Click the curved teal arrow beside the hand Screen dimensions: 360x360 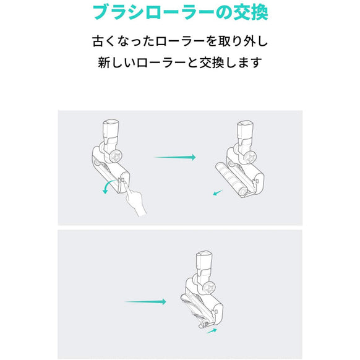click(x=108, y=186)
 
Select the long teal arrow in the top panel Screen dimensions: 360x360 click(x=174, y=157)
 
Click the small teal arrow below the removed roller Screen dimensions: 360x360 click(x=217, y=194)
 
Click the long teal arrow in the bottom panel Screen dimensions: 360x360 click(x=146, y=302)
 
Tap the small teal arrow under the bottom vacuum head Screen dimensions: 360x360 click(x=212, y=330)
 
